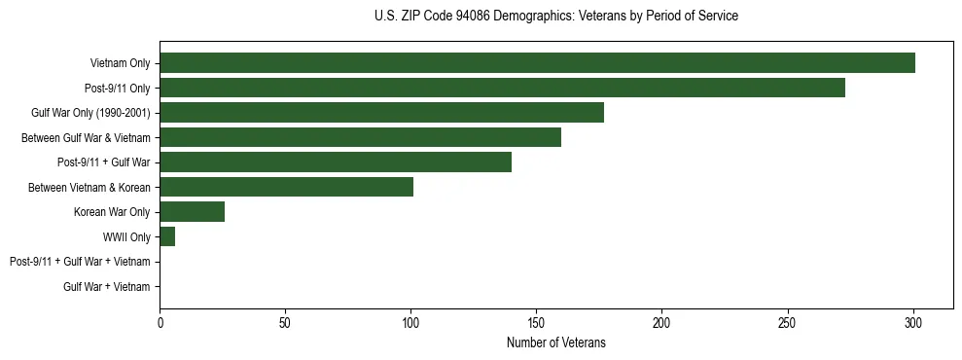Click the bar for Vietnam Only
[x=537, y=63]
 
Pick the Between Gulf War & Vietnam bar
[x=360, y=137]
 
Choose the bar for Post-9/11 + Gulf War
[x=336, y=162]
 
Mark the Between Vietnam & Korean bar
[x=286, y=187]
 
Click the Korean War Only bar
[x=192, y=212]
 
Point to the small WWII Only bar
[x=167, y=236]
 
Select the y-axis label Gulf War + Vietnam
[x=106, y=287]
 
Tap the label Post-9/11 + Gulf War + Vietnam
[x=80, y=262]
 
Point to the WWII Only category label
[x=126, y=237]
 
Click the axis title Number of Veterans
[x=555, y=342]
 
